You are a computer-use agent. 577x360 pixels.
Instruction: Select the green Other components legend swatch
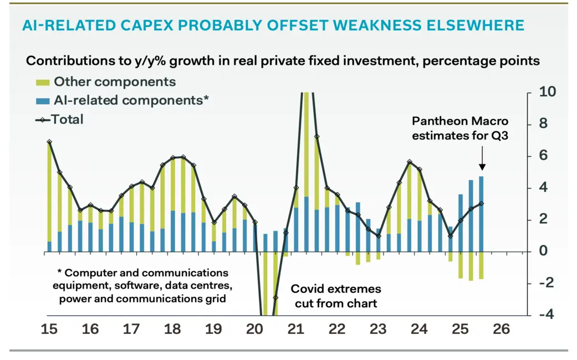coord(43,83)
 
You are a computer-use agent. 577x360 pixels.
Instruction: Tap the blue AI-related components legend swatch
coord(43,100)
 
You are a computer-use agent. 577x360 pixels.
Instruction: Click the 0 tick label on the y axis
coord(543,251)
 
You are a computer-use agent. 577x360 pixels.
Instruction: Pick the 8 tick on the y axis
coord(544,124)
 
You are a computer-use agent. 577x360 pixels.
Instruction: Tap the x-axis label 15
coord(49,329)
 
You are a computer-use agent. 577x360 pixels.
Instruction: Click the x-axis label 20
coord(255,329)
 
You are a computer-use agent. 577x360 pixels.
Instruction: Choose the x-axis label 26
coord(502,329)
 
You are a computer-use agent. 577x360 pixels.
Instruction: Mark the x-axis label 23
coord(378,329)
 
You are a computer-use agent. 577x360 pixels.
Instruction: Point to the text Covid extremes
coord(336,289)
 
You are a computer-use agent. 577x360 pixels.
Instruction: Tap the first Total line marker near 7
coord(49,142)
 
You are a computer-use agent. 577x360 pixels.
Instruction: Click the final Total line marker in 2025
coord(482,203)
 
